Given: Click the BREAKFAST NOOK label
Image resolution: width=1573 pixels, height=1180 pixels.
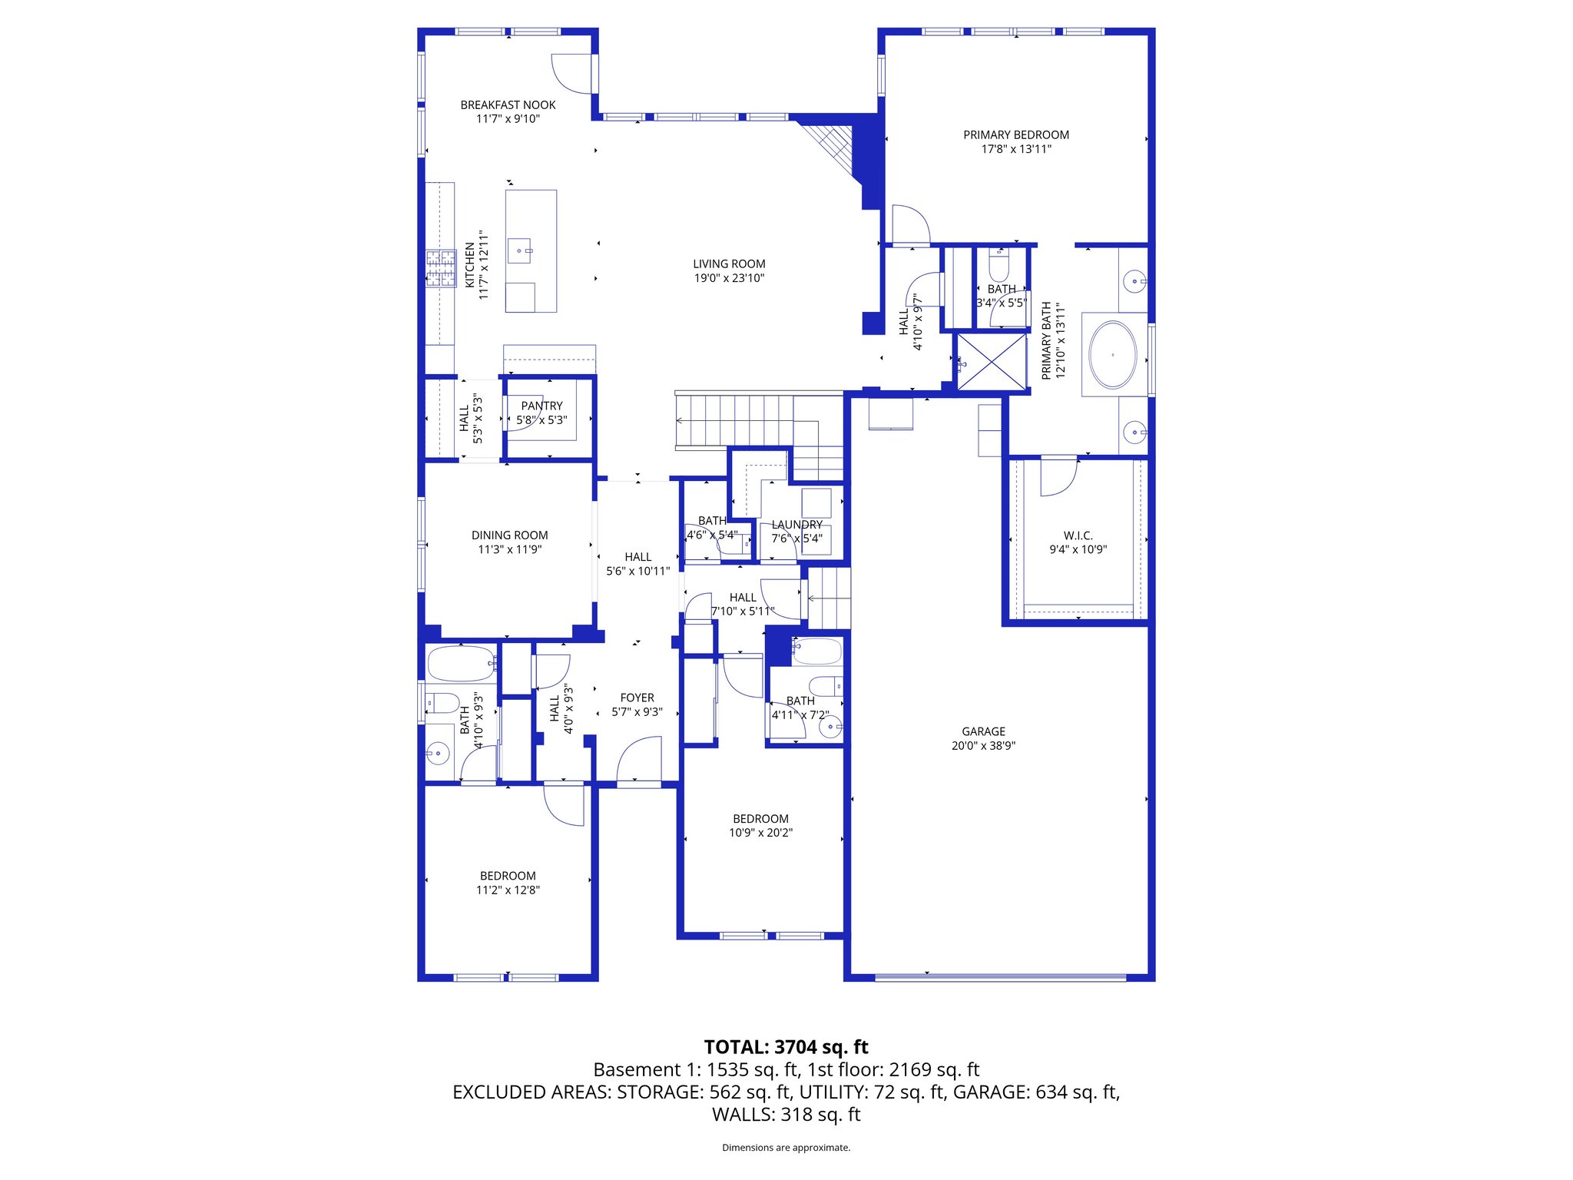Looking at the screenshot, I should click(508, 104).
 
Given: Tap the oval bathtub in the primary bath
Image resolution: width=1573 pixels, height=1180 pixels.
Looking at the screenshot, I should click(1113, 355).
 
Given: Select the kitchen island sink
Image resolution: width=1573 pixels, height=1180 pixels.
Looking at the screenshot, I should click(520, 250).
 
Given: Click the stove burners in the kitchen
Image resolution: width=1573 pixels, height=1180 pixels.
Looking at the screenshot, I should click(441, 269).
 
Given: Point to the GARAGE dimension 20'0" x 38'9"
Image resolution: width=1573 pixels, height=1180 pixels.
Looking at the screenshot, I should click(983, 745).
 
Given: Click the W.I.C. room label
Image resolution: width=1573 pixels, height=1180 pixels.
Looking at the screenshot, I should click(1078, 535).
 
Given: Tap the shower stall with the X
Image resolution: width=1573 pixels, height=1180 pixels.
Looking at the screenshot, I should click(992, 362).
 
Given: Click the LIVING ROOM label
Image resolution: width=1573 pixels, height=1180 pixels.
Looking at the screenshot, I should click(729, 264).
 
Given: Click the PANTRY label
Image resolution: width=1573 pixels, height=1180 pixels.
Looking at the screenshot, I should click(541, 406).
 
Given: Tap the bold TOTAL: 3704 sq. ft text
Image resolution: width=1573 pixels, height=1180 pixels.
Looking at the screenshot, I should click(786, 1047).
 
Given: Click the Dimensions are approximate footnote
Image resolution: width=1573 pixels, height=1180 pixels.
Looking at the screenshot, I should click(786, 1148).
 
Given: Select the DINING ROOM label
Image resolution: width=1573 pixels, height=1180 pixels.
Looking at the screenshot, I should click(509, 535).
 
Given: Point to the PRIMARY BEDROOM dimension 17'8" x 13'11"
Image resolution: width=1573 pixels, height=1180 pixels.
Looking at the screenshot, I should click(1016, 149).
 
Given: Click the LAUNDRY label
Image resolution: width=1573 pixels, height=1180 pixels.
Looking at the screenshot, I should click(797, 525).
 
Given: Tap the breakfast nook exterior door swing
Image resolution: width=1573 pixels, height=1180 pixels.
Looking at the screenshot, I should click(572, 73).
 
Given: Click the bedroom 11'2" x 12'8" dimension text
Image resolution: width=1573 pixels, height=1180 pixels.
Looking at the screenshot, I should click(508, 890).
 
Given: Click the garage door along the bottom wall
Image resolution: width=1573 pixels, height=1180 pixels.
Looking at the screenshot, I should click(1000, 977).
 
